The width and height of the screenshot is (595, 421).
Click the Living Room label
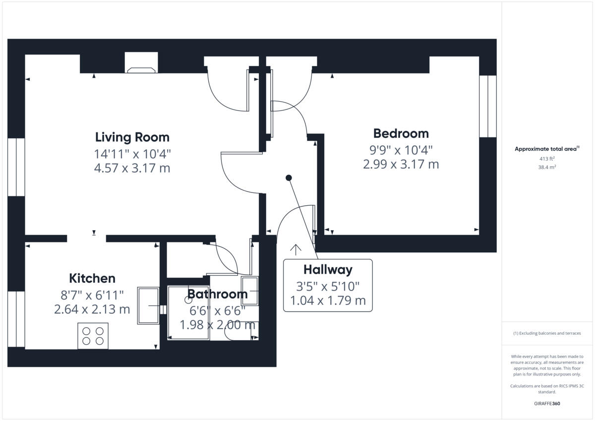pyautogui.click(x=132, y=137)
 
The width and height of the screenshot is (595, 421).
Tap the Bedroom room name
pyautogui.click(x=401, y=133)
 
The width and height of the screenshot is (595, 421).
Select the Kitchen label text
pyautogui.click(x=92, y=278)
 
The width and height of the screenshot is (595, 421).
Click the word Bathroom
pyautogui.click(x=217, y=294)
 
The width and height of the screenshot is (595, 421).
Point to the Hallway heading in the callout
pyautogui.click(x=328, y=270)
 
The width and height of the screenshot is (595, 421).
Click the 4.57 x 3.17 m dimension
pyautogui.click(x=132, y=168)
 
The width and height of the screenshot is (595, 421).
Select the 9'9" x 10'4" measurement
pyautogui.click(x=401, y=149)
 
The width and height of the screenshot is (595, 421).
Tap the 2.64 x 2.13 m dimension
pyautogui.click(x=92, y=309)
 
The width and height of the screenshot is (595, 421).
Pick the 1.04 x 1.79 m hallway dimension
pyautogui.click(x=328, y=300)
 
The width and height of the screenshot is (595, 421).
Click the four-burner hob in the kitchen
pyautogui.click(x=93, y=336)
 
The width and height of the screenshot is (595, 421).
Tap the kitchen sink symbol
pyautogui.click(x=148, y=305)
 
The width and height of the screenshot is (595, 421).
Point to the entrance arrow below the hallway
pyautogui.click(x=296, y=249)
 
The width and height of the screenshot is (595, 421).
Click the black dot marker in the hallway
pyautogui.click(x=289, y=178)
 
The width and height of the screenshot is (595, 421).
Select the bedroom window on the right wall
pyautogui.click(x=487, y=106)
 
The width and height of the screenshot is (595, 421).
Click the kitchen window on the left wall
pyautogui.click(x=16, y=319)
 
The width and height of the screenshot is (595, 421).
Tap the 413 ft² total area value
pyautogui.click(x=547, y=159)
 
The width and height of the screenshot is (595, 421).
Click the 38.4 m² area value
pyautogui.click(x=547, y=167)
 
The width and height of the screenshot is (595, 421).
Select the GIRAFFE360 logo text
pyautogui.click(x=547, y=404)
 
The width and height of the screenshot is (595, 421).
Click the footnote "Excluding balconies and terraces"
pyautogui.click(x=547, y=333)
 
